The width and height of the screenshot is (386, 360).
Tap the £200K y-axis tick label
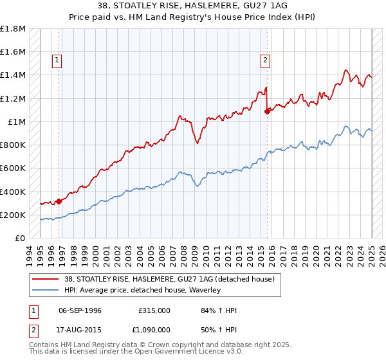click(x=13, y=215)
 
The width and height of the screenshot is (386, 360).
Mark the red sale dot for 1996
click(x=59, y=201)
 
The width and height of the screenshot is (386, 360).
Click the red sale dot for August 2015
click(x=266, y=111)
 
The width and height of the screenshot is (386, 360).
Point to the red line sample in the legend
click(x=46, y=279)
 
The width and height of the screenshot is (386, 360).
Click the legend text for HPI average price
click(x=142, y=290)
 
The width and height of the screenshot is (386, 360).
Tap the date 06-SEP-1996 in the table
click(x=80, y=310)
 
